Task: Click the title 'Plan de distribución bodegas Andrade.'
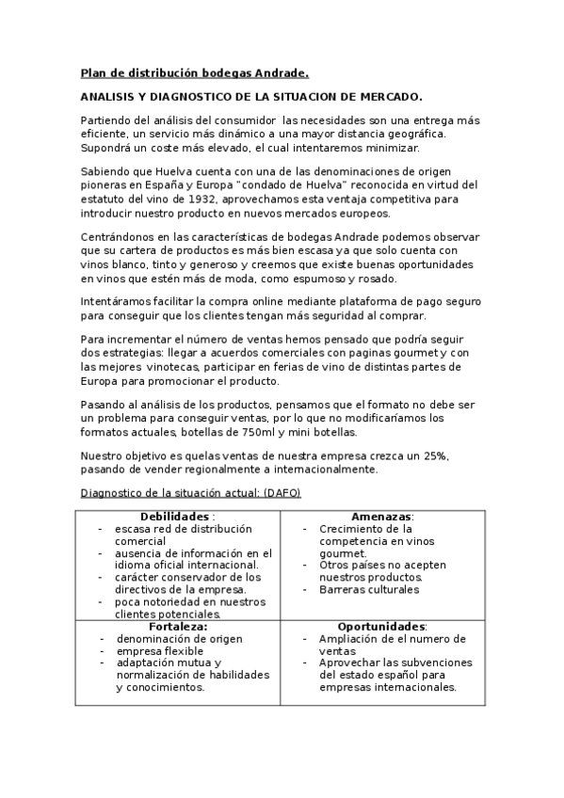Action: (x=195, y=72)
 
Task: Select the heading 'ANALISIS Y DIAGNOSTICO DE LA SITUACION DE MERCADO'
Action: (x=250, y=97)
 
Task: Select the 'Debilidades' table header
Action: (x=177, y=517)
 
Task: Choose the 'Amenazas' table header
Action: (x=382, y=517)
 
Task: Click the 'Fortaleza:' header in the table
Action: (x=178, y=626)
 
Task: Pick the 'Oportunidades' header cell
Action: (x=381, y=626)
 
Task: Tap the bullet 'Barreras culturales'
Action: (x=369, y=589)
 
